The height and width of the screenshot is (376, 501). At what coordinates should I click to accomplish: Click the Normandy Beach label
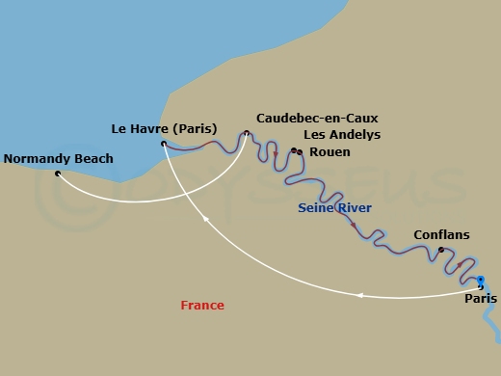tap(59, 159)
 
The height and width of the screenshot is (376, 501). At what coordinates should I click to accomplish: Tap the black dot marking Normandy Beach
tap(58, 174)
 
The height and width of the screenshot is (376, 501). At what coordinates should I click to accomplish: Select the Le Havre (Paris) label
tap(164, 128)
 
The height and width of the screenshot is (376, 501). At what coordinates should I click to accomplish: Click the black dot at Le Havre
tap(164, 145)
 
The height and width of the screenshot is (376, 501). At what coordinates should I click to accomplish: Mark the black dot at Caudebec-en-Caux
tap(247, 133)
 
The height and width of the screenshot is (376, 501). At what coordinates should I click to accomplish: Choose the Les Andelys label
tap(342, 135)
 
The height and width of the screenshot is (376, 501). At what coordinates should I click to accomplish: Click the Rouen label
tap(330, 152)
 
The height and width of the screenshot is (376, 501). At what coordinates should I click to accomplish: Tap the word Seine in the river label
tap(316, 208)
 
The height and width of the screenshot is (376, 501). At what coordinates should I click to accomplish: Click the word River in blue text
tap(354, 208)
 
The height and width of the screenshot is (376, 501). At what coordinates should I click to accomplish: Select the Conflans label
tap(440, 234)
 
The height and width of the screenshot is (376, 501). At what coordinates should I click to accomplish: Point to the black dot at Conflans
tap(441, 250)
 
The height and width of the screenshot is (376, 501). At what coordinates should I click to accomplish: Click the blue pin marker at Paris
tap(481, 281)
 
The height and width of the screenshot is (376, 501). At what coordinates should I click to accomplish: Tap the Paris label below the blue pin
tap(481, 299)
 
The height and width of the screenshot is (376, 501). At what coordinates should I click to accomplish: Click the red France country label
tap(202, 306)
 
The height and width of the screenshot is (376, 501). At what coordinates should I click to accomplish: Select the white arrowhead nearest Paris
tap(359, 295)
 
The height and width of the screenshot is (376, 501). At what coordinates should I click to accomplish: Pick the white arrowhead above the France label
tap(205, 220)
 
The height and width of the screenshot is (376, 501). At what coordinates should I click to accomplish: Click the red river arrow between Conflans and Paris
tap(460, 265)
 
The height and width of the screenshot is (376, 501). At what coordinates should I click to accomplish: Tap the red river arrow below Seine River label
tap(353, 225)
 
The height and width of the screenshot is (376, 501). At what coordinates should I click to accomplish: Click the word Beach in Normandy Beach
tap(92, 159)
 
